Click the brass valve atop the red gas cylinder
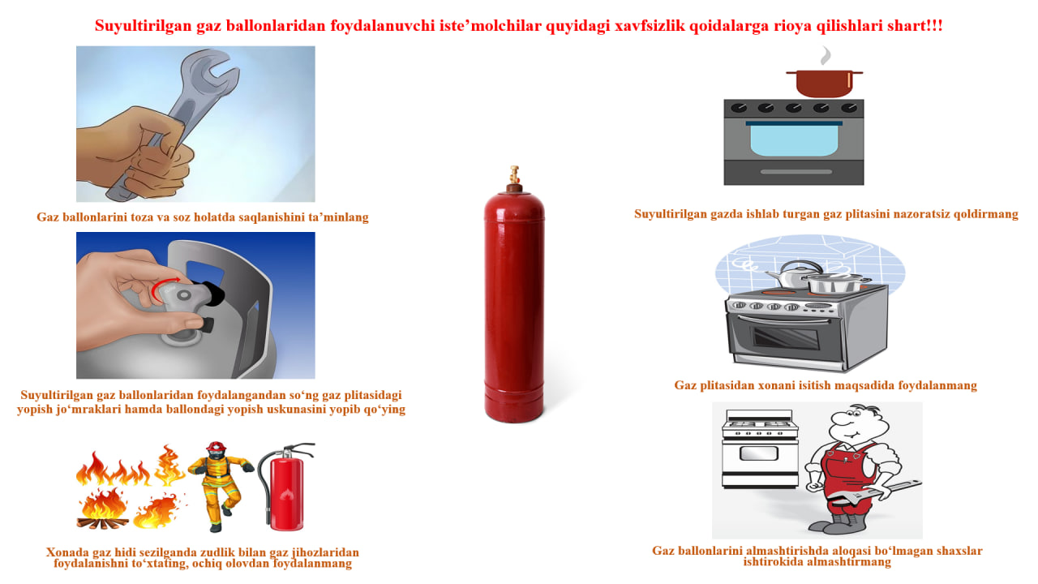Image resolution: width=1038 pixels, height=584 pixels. point(514,174)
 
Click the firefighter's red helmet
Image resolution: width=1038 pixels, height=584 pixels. point(216,447)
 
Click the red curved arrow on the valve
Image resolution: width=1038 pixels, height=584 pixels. point(163,288)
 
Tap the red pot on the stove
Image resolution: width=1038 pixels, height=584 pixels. point(825,84)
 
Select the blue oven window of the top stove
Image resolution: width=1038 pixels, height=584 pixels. point(794,140)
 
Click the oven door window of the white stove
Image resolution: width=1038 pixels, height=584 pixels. point(758,453)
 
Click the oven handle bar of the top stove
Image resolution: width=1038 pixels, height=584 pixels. point(796,172)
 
